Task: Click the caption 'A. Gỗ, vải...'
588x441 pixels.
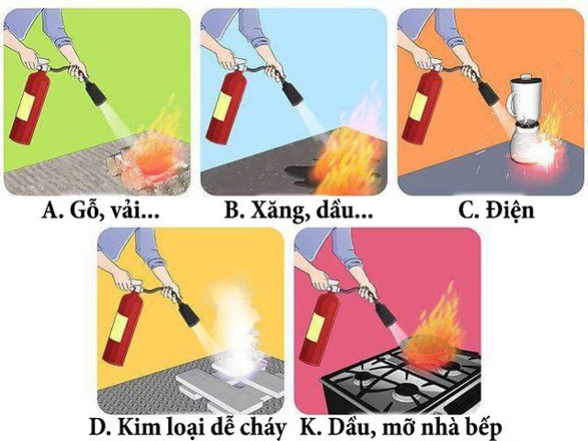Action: click(x=101, y=210)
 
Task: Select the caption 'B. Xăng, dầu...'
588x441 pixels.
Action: click(x=299, y=210)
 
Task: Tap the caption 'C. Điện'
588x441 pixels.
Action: click(x=496, y=210)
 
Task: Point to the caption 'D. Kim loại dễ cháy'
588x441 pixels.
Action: click(x=188, y=427)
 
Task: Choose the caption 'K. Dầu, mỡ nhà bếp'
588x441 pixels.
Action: click(x=401, y=427)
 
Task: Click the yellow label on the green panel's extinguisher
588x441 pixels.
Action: click(x=27, y=107)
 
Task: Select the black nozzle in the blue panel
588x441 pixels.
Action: click(x=292, y=92)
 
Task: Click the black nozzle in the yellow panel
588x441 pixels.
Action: click(x=188, y=314)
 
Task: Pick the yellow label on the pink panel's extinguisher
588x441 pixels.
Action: click(x=316, y=328)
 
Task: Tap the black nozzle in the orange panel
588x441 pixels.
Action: click(x=489, y=93)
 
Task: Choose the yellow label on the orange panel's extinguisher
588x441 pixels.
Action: click(x=419, y=106)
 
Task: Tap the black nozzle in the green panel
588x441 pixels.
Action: click(x=96, y=92)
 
